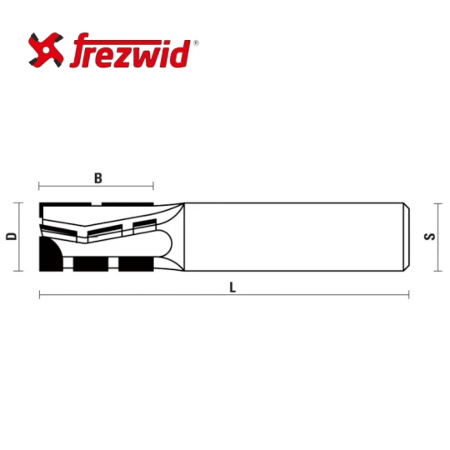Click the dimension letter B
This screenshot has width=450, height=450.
(x=98, y=178)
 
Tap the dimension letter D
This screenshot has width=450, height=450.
(x=12, y=237)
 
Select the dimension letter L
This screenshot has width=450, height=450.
(x=232, y=287)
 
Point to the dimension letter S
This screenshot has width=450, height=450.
(x=430, y=237)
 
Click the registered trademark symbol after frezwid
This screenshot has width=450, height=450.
(x=197, y=43)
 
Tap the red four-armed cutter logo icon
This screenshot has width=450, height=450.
(x=46, y=50)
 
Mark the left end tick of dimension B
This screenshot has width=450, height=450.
(x=39, y=186)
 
